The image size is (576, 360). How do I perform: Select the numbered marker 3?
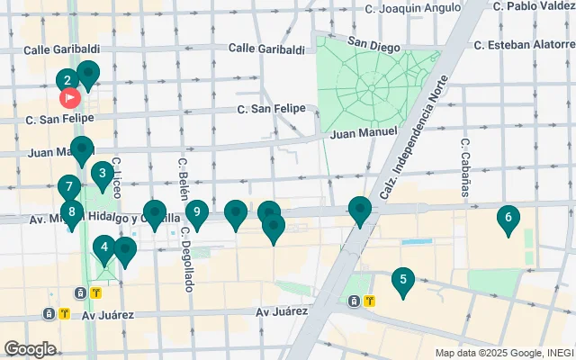pyautogui.click(x=103, y=173)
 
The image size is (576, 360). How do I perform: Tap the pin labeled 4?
pyautogui.click(x=104, y=247)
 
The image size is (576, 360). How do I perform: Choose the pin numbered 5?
pyautogui.click(x=403, y=280)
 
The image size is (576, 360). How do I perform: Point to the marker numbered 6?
pyautogui.click(x=508, y=217)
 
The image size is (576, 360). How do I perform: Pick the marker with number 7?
pyautogui.click(x=68, y=187)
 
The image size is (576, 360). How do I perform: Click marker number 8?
pyautogui.click(x=72, y=212)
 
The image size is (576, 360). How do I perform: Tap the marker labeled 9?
pyautogui.click(x=196, y=213)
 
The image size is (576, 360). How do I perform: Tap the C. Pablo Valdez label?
pyautogui.click(x=533, y=6)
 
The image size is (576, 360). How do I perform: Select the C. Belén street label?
pyautogui.click(x=182, y=175)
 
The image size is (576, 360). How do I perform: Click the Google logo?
pyautogui.click(x=30, y=348)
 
